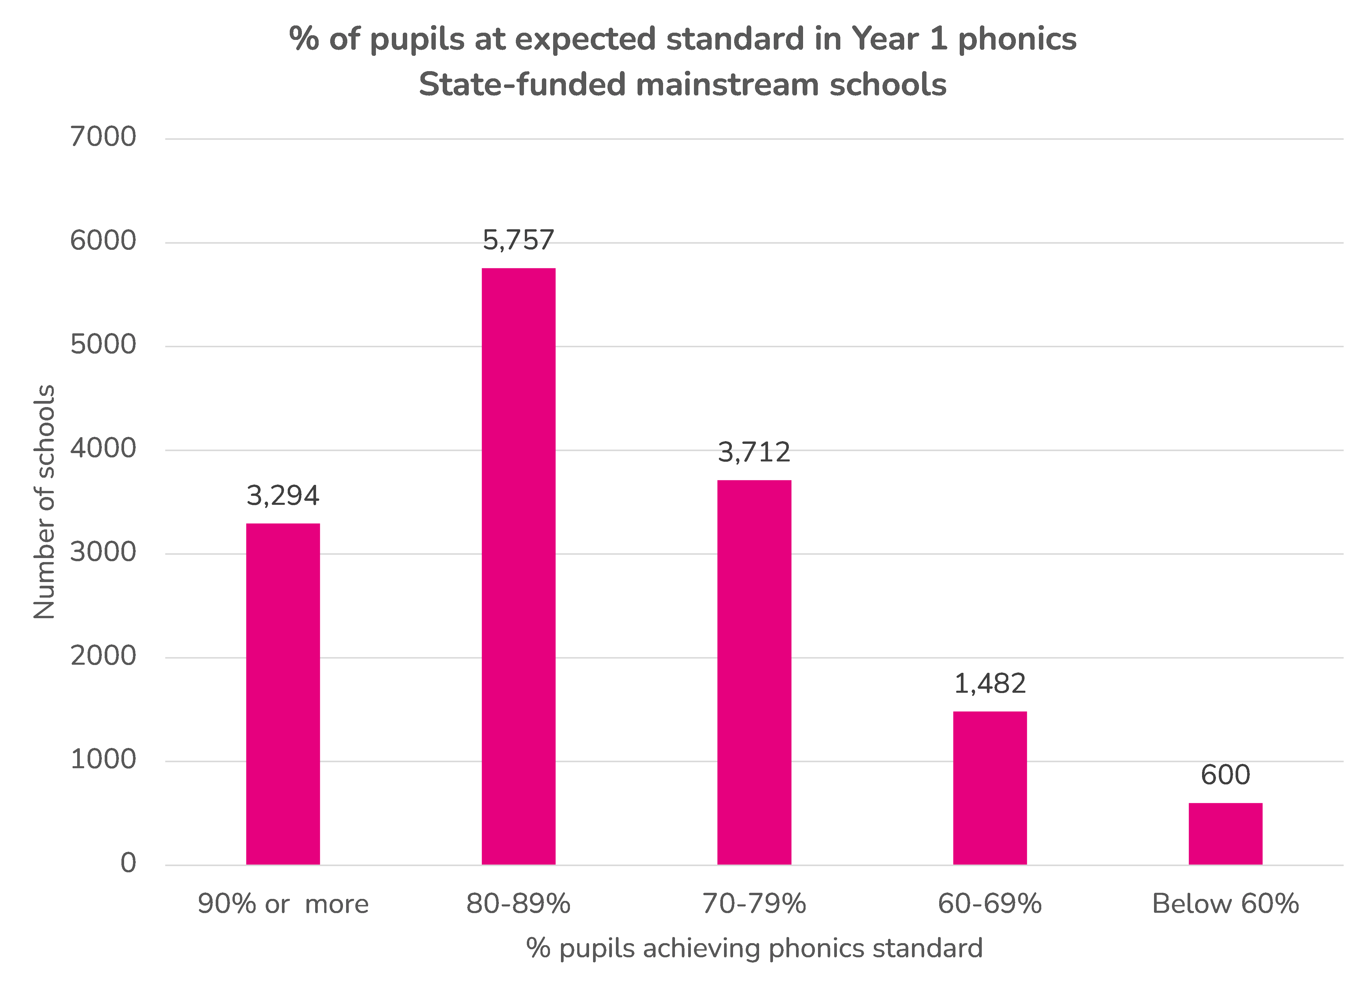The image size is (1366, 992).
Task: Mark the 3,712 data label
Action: tap(754, 452)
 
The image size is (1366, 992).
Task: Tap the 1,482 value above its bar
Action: tap(990, 683)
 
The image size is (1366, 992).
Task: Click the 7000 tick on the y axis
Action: tap(103, 137)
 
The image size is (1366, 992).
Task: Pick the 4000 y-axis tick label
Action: tap(103, 449)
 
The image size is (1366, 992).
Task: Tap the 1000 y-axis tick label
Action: tap(103, 760)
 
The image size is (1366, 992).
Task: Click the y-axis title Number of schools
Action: tap(44, 502)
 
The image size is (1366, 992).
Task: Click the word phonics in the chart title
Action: tap(1017, 39)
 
